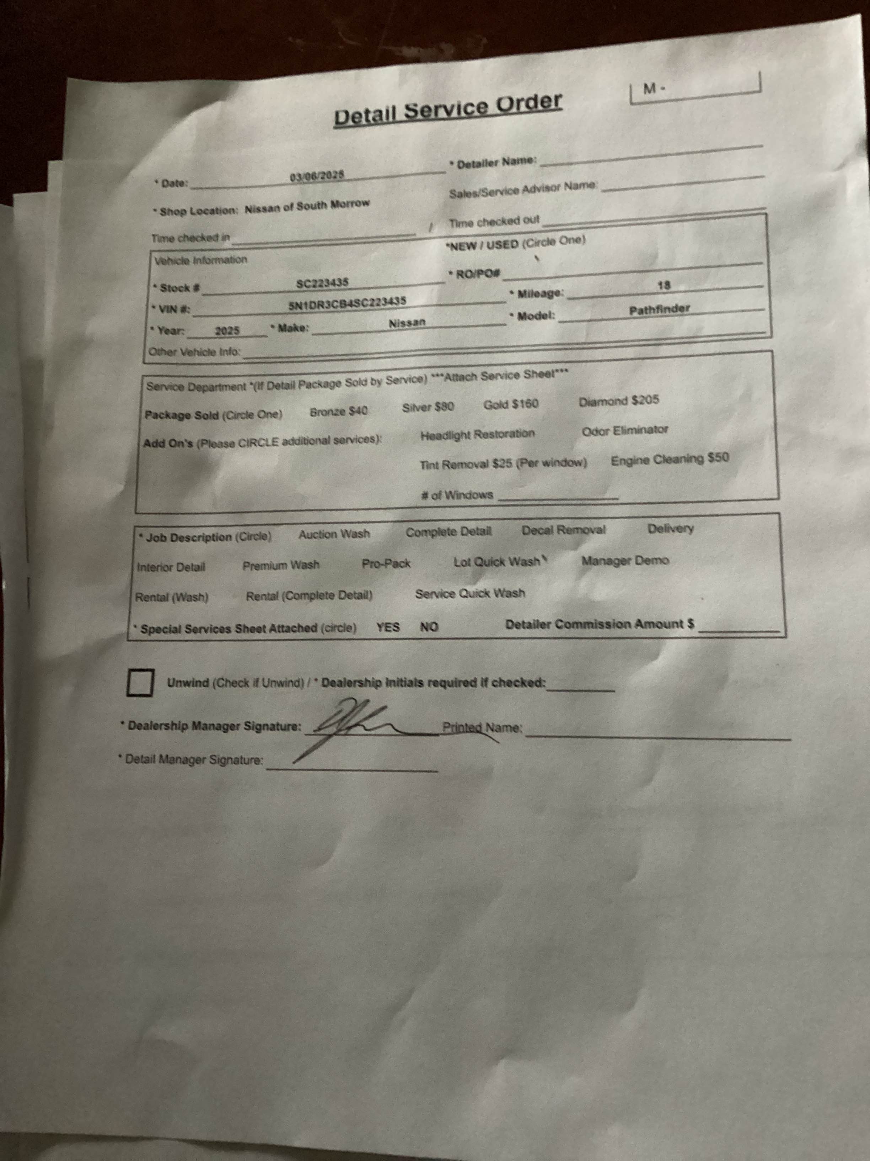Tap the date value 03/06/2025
(317, 176)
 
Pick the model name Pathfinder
(660, 310)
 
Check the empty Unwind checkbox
(140, 682)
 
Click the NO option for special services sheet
(429, 627)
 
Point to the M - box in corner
(695, 87)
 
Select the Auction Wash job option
(334, 534)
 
